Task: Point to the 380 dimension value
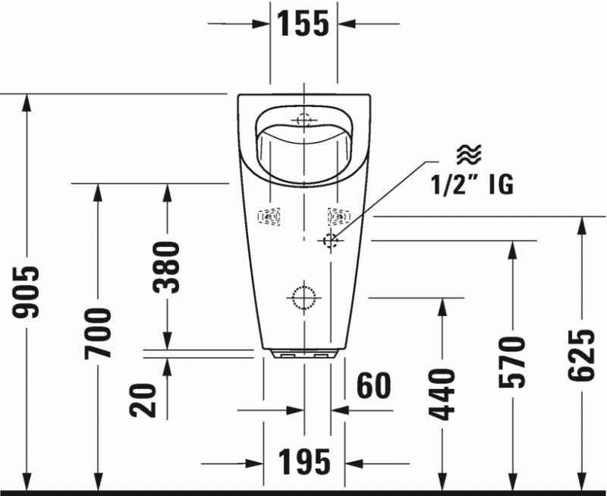pos(167,267)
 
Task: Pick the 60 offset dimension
pos(373,386)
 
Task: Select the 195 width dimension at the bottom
pos(303,462)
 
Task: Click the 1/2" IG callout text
pos(472,183)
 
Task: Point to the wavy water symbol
pos(466,155)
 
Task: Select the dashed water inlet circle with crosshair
pos(331,240)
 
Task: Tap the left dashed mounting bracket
pos(269,217)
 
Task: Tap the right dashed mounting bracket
pos(338,217)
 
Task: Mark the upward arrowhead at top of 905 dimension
pos(27,102)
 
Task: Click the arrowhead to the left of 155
pos(263,24)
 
